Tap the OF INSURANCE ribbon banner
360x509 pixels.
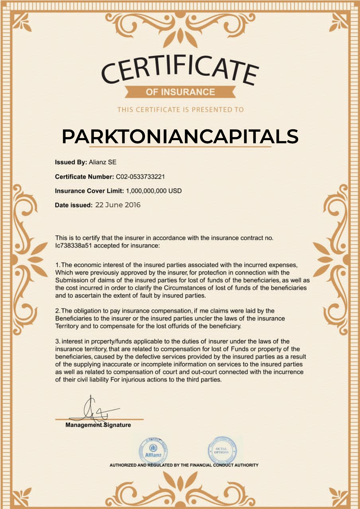(180, 92)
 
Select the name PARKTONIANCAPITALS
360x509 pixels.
(180, 136)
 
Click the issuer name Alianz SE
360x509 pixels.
(103, 162)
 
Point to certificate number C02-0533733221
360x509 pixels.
(140, 176)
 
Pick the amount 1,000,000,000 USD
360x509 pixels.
(154, 191)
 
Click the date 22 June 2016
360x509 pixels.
(118, 205)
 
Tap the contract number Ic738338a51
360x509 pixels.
(73, 246)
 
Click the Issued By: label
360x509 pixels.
(71, 162)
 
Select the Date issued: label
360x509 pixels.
(73, 205)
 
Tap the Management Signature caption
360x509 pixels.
(98, 425)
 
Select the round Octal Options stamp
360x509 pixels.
(222, 451)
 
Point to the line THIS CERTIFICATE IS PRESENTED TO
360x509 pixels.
(180, 110)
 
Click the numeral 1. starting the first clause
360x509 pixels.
(58, 265)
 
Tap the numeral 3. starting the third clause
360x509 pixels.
(58, 341)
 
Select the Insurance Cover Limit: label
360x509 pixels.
(89, 191)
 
